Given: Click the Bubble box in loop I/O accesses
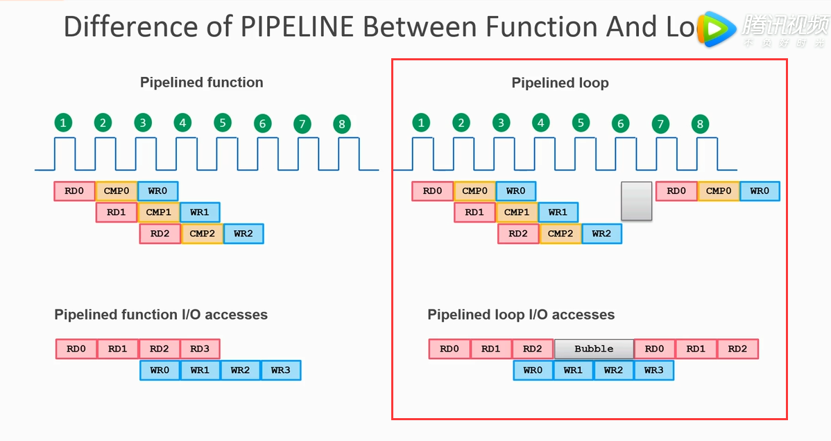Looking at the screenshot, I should click(594, 349).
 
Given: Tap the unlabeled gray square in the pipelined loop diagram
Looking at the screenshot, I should click(636, 201).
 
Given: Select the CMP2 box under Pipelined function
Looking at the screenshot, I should click(202, 234).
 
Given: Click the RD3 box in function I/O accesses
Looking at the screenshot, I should click(200, 349).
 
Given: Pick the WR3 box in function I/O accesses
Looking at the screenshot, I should click(280, 370).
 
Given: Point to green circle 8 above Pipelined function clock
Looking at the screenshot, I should click(341, 124).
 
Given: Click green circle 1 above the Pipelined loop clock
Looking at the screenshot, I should click(420, 123).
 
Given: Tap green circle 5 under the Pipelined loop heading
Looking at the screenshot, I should click(581, 123).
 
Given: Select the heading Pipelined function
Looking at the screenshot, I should click(201, 83).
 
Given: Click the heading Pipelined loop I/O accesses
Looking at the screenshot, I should click(521, 315).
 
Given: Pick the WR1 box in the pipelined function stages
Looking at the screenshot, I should click(200, 212).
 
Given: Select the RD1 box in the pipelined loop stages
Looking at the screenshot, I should click(474, 212).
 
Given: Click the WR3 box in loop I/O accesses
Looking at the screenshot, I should click(653, 370).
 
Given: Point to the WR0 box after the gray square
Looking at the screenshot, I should click(760, 191).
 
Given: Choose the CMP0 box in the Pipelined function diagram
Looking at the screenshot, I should click(117, 191).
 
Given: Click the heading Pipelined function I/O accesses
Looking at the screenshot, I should click(161, 315).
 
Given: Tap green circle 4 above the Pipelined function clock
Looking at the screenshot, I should click(182, 123).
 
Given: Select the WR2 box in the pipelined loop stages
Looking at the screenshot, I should click(601, 234).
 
